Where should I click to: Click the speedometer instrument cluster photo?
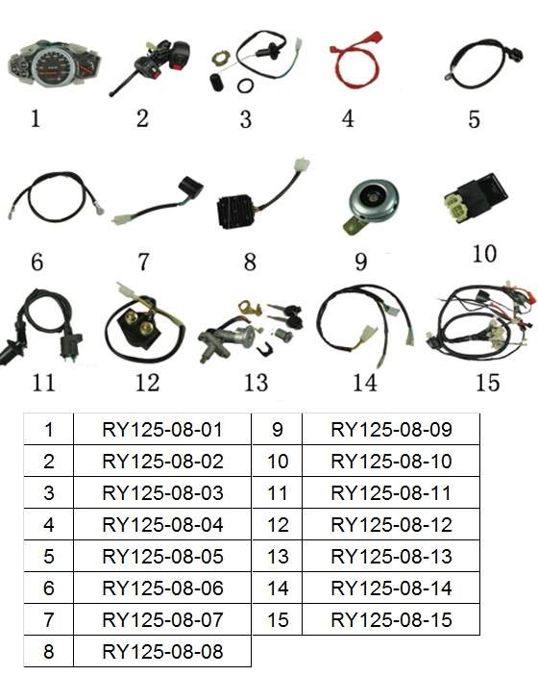pos(55,65)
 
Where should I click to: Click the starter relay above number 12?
pos(137,321)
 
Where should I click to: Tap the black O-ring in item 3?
pos(245,86)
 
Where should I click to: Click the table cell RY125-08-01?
pos(162,430)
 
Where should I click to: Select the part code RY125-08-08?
pos(162,651)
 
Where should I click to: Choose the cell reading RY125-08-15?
pos(391,619)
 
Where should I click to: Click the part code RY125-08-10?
pos(391,462)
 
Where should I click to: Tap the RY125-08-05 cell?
pos(162,556)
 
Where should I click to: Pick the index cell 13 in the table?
pos(278,556)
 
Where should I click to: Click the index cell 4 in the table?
pos(49,525)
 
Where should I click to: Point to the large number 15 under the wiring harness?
pos(487,383)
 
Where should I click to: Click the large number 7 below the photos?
pos(143,262)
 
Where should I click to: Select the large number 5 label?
pos(474,119)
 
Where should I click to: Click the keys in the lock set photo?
pos(285,314)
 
